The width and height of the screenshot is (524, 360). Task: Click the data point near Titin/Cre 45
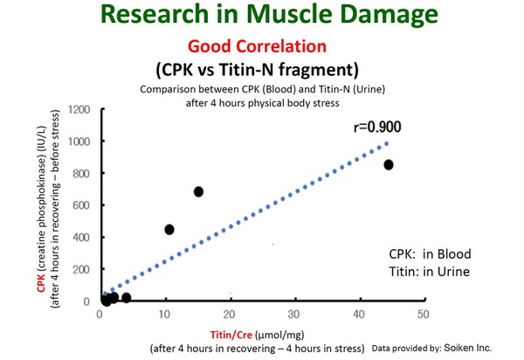[x=389, y=164]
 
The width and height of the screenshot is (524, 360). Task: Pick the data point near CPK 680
[x=198, y=191]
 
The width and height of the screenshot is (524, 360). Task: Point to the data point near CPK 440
[x=169, y=229]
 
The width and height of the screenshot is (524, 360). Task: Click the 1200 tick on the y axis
[x=81, y=109]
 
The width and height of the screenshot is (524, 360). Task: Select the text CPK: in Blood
[x=430, y=254]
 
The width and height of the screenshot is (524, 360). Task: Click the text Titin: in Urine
[x=429, y=272]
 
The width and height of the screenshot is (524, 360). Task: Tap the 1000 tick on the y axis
[x=81, y=142]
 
